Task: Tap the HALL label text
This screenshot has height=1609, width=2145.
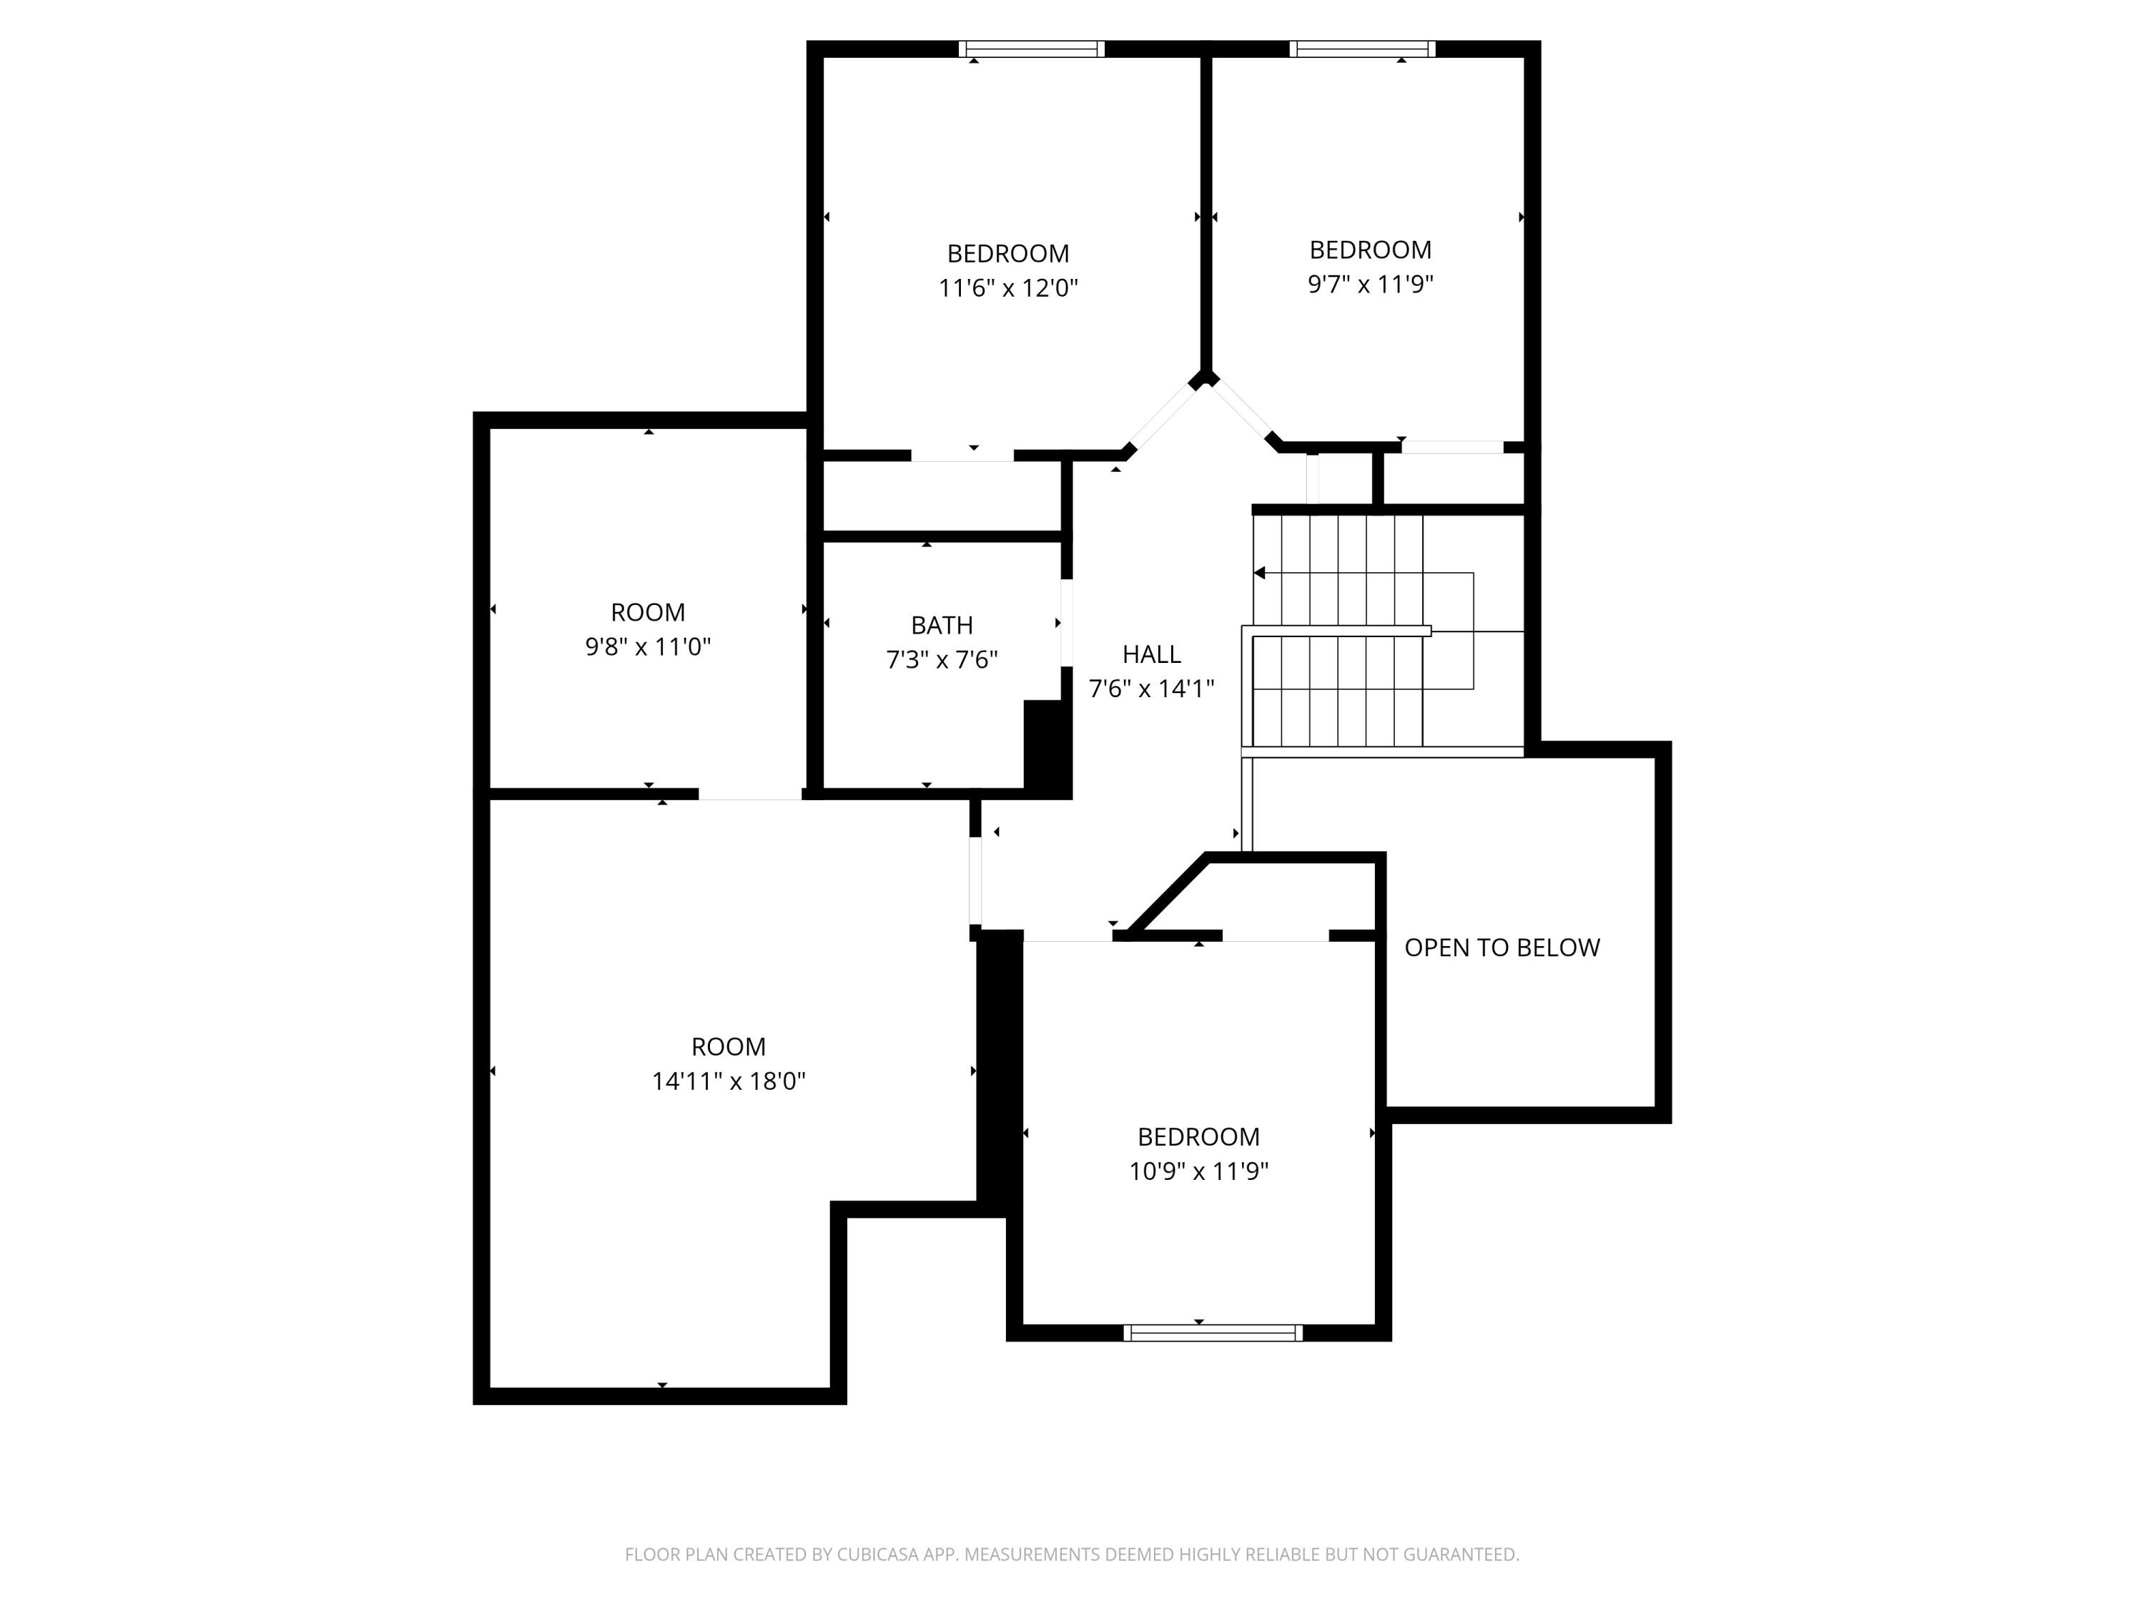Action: [1152, 654]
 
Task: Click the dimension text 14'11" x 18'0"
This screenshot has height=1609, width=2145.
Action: [729, 1081]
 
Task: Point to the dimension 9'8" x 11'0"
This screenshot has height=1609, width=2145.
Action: [648, 647]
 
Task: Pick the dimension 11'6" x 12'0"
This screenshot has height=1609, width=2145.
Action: [1008, 288]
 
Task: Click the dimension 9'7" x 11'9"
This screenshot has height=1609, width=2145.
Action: [1370, 284]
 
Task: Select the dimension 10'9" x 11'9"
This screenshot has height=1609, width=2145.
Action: [1198, 1171]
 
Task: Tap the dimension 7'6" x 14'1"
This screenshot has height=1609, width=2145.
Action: [1152, 689]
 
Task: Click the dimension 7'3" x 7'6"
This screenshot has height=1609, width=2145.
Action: [942, 659]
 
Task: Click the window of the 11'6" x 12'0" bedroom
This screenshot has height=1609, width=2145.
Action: [1032, 49]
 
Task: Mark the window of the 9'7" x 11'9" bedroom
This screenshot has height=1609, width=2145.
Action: [1363, 49]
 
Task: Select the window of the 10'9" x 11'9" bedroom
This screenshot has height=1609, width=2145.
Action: [1213, 1332]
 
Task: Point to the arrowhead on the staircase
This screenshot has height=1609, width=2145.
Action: [1260, 574]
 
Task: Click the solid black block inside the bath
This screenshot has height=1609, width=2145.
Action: [1045, 746]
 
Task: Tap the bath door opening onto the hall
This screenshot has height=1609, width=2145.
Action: [1067, 623]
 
